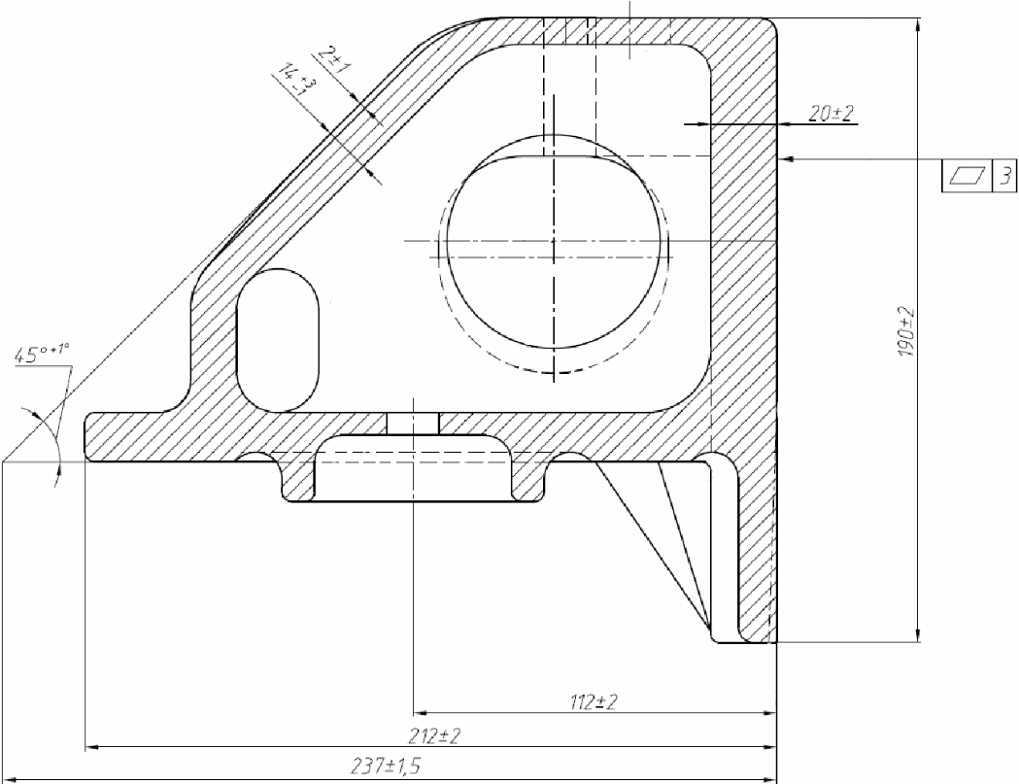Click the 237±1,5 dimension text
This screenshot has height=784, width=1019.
coord(386,767)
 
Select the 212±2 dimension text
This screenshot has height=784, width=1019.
coord(435,736)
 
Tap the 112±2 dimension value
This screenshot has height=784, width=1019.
coord(594,702)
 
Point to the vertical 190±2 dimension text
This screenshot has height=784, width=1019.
coord(906,331)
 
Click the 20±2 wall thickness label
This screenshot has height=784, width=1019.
coord(832,114)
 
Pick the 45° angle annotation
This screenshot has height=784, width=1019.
coord(42,355)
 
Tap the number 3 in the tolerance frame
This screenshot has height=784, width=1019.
coord(1004,176)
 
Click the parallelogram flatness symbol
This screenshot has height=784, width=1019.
coord(968,176)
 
